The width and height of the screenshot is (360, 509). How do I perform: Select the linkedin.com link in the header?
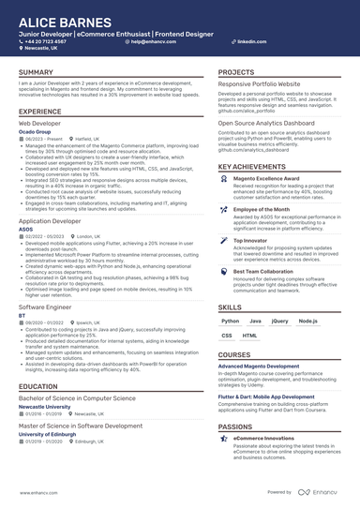[x=246, y=42]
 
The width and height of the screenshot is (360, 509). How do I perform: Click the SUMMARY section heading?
[x=36, y=72]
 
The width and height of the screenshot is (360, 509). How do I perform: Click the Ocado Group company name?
[x=37, y=131]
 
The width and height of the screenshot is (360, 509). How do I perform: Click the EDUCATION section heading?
[x=37, y=386]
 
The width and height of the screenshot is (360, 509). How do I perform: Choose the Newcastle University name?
[x=49, y=407]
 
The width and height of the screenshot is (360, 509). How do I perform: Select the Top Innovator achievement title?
[x=251, y=240]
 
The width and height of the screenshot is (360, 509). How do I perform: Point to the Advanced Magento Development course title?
[x=259, y=366]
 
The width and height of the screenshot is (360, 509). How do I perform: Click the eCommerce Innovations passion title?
[x=264, y=438]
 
